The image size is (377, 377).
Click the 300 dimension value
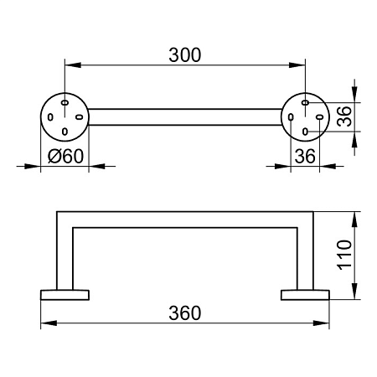click(x=185, y=55)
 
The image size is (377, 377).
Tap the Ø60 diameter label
click(x=65, y=156)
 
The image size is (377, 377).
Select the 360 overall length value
click(x=185, y=313)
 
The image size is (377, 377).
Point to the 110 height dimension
click(x=345, y=255)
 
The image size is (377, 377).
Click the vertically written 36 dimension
click(x=344, y=116)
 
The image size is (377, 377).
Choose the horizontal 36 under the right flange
click(x=305, y=156)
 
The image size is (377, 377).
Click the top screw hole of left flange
click(x=65, y=102)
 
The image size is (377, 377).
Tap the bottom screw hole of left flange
click(x=65, y=132)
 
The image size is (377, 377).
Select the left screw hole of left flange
click(x=50, y=117)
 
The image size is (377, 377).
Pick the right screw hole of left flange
click(x=80, y=117)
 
